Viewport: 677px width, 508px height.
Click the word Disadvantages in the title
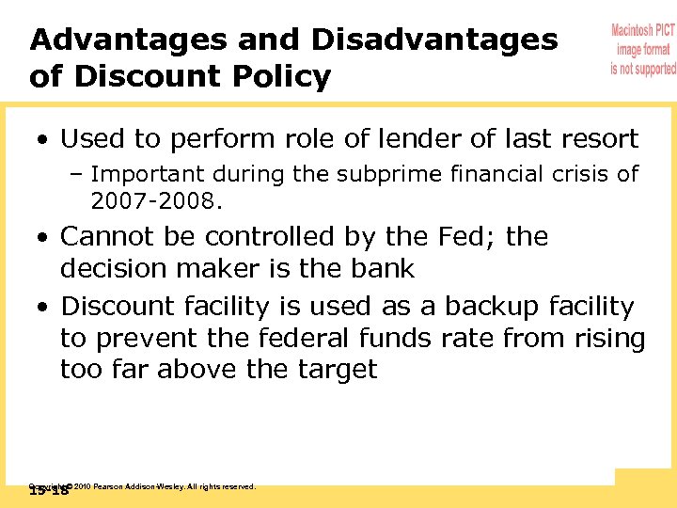(x=434, y=40)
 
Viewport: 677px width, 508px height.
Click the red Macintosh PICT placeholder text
(x=643, y=49)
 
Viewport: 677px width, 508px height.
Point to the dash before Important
(x=76, y=174)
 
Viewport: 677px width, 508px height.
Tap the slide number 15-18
(x=49, y=490)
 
